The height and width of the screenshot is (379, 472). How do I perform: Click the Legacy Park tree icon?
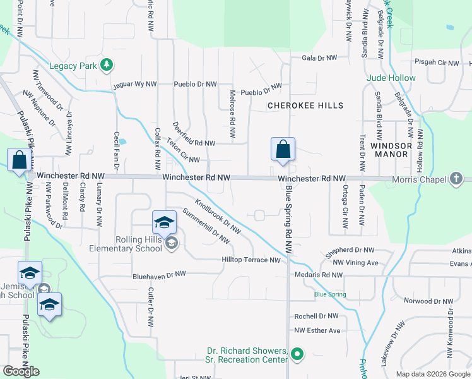pos(107,65)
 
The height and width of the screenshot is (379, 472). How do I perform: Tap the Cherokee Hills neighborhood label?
pos(305,105)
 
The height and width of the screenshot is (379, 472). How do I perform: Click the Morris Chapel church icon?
pos(456,179)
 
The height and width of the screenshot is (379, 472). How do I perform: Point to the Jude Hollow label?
pos(391,78)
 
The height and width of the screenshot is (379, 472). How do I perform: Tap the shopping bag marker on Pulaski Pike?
pos(20,161)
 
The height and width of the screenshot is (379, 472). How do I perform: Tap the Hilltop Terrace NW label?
pos(251,260)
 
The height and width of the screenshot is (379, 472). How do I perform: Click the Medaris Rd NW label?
pos(319,275)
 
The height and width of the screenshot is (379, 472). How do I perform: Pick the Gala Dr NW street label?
pos(320,58)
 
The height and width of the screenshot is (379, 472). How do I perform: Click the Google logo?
pos(21,371)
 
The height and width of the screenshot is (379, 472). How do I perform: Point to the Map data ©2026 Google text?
pos(433,374)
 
